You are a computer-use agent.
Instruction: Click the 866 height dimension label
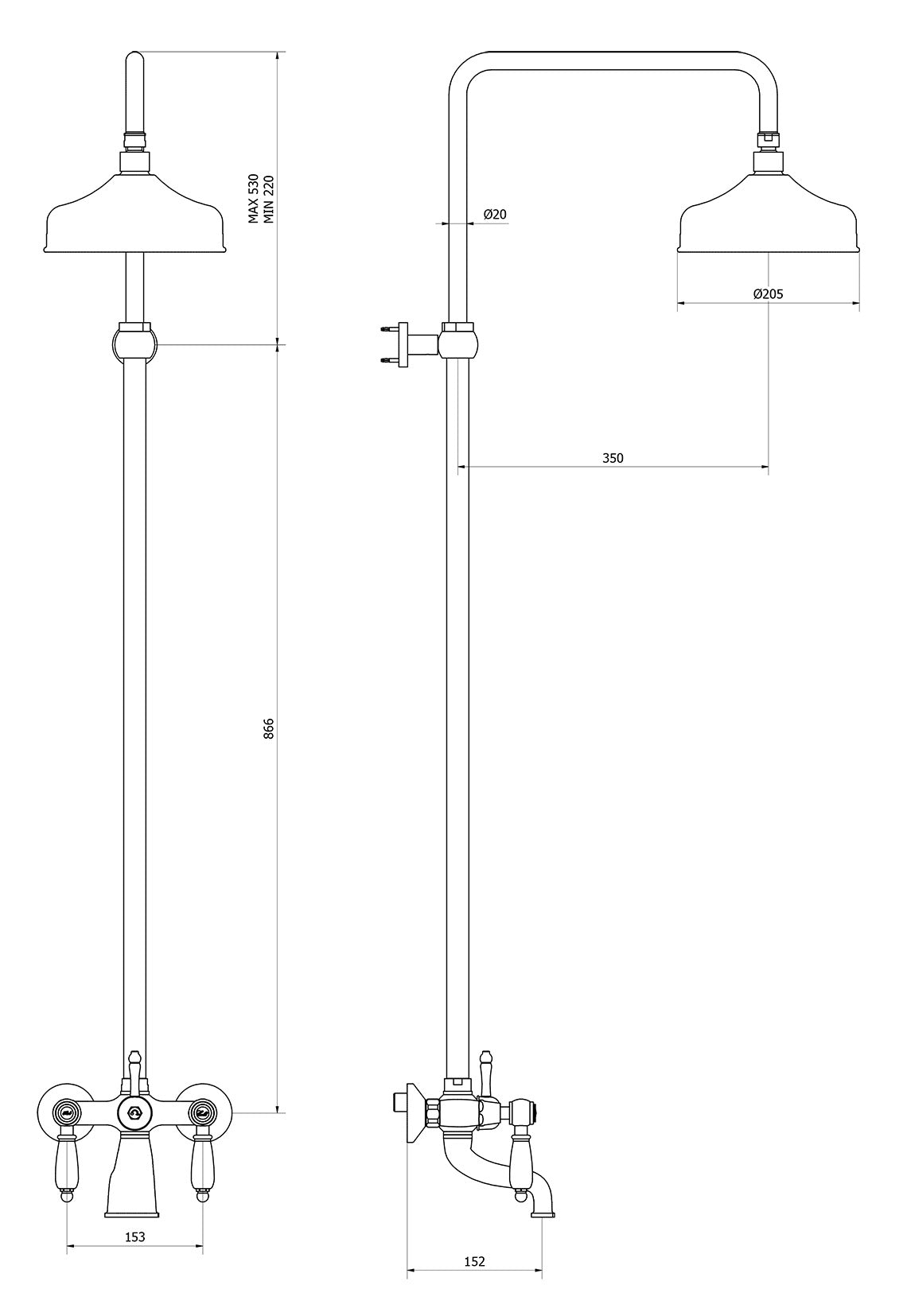[x=269, y=729]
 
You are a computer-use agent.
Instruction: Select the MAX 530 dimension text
[x=254, y=198]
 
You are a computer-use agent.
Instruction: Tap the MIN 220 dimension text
[x=269, y=199]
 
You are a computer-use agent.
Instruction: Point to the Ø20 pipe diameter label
[x=495, y=214]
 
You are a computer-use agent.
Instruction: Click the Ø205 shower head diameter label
[x=768, y=293]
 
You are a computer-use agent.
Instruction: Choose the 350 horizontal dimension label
[x=613, y=458]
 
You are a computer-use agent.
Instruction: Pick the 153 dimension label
[x=135, y=1236]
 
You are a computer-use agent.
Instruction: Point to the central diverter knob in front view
[x=134, y=1112]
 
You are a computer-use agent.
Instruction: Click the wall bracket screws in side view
[x=388, y=344]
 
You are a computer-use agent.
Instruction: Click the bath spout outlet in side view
[x=543, y=1212]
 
